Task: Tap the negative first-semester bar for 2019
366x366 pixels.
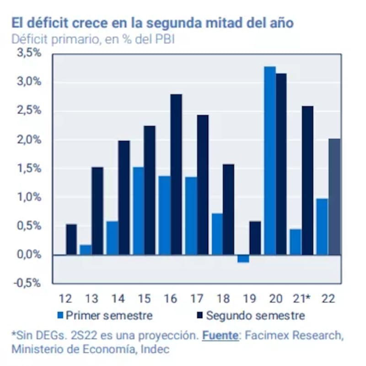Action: click(243, 259)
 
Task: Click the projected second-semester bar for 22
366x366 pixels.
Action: click(334, 197)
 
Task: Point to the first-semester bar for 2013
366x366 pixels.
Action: click(86, 250)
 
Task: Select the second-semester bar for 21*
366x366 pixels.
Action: click(308, 181)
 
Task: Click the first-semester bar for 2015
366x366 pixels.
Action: click(138, 211)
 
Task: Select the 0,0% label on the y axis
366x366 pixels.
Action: click(29, 255)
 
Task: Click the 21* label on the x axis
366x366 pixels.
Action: click(301, 299)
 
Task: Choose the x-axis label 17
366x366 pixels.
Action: click(196, 299)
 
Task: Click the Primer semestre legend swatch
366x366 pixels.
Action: click(60, 315)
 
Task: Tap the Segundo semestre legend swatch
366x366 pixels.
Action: click(200, 315)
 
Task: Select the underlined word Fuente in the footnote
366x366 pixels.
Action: click(220, 335)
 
